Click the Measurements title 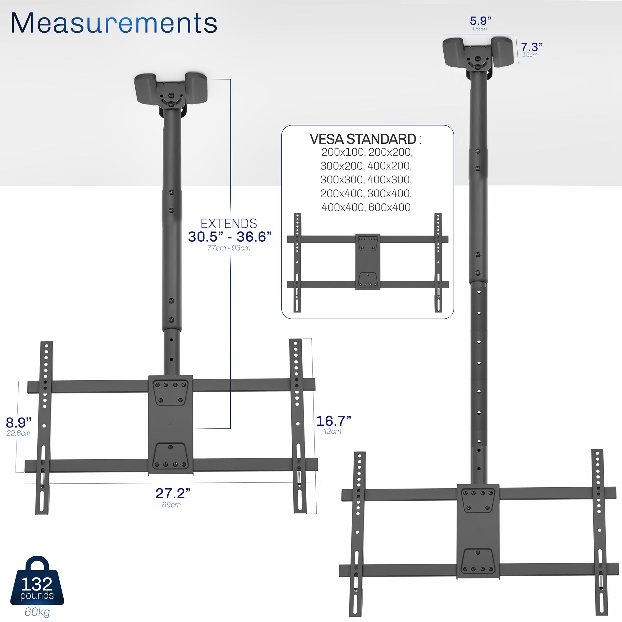coord(114,23)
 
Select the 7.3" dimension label coord(532,47)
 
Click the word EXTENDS coord(229,223)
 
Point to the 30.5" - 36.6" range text coord(230,237)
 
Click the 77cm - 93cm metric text coord(229,248)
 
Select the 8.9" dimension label coord(19,422)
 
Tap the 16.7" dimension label coord(333,421)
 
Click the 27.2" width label coord(173,493)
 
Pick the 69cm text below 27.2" coord(171,505)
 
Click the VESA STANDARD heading coord(363,139)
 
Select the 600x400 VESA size coord(389,207)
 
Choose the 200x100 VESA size coord(342,152)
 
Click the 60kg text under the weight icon coord(37,612)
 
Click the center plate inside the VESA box coord(368,262)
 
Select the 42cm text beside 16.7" coord(332,431)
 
